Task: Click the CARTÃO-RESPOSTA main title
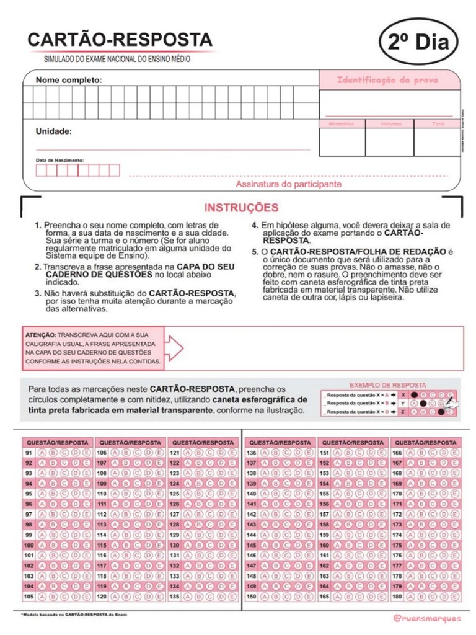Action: pos(120,40)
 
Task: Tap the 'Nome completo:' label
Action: pos(68,80)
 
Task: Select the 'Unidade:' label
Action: pos(53,131)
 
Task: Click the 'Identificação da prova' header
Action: pos(387,80)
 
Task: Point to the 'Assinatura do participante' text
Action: pos(288,184)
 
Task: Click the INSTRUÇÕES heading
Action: pos(241,208)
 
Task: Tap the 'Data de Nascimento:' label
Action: pos(60,159)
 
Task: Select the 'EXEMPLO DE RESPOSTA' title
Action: pos(388,384)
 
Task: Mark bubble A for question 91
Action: pos(42,453)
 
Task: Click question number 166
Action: pos(397,453)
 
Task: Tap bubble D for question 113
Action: pos(148,525)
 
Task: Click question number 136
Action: pos(252,453)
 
